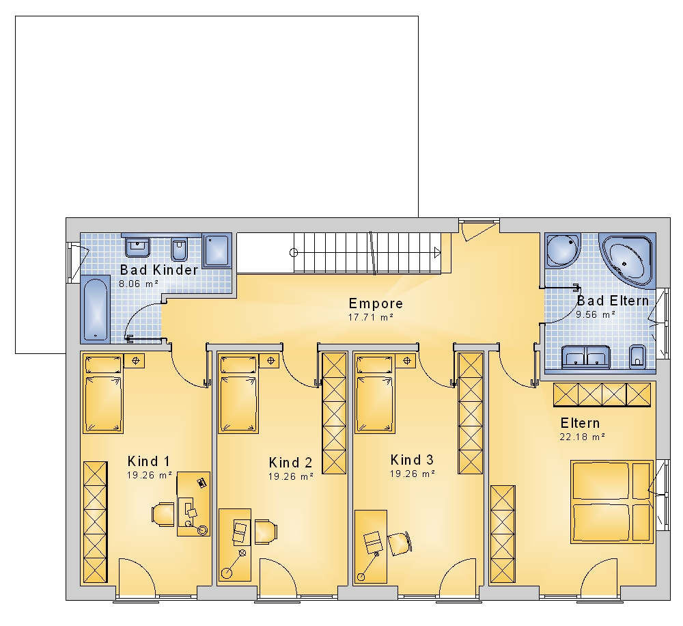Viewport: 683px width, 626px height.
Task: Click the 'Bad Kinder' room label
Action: [159, 270]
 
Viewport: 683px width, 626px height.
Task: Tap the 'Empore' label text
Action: [376, 303]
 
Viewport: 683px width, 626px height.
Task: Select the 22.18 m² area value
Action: [583, 437]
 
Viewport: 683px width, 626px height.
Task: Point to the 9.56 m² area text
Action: [596, 314]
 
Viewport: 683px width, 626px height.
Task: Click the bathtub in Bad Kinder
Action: [95, 309]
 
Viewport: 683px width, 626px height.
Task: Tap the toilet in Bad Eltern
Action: [638, 356]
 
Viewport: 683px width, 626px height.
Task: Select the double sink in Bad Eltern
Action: [586, 357]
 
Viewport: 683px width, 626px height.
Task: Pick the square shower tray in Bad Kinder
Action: [217, 251]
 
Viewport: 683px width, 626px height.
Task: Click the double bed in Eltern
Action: [612, 502]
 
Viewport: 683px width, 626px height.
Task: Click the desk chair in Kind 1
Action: [163, 515]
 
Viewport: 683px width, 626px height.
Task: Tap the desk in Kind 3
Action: [371, 547]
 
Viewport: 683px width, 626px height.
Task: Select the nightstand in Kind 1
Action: [134, 361]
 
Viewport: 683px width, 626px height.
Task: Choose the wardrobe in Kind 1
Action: [95, 522]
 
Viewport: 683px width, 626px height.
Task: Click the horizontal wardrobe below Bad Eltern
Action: [602, 395]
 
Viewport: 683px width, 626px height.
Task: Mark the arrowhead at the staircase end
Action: [437, 252]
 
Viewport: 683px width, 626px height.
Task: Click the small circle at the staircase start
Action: [294, 252]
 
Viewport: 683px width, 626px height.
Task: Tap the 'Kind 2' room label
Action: [290, 463]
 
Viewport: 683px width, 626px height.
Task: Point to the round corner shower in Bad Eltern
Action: [563, 250]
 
